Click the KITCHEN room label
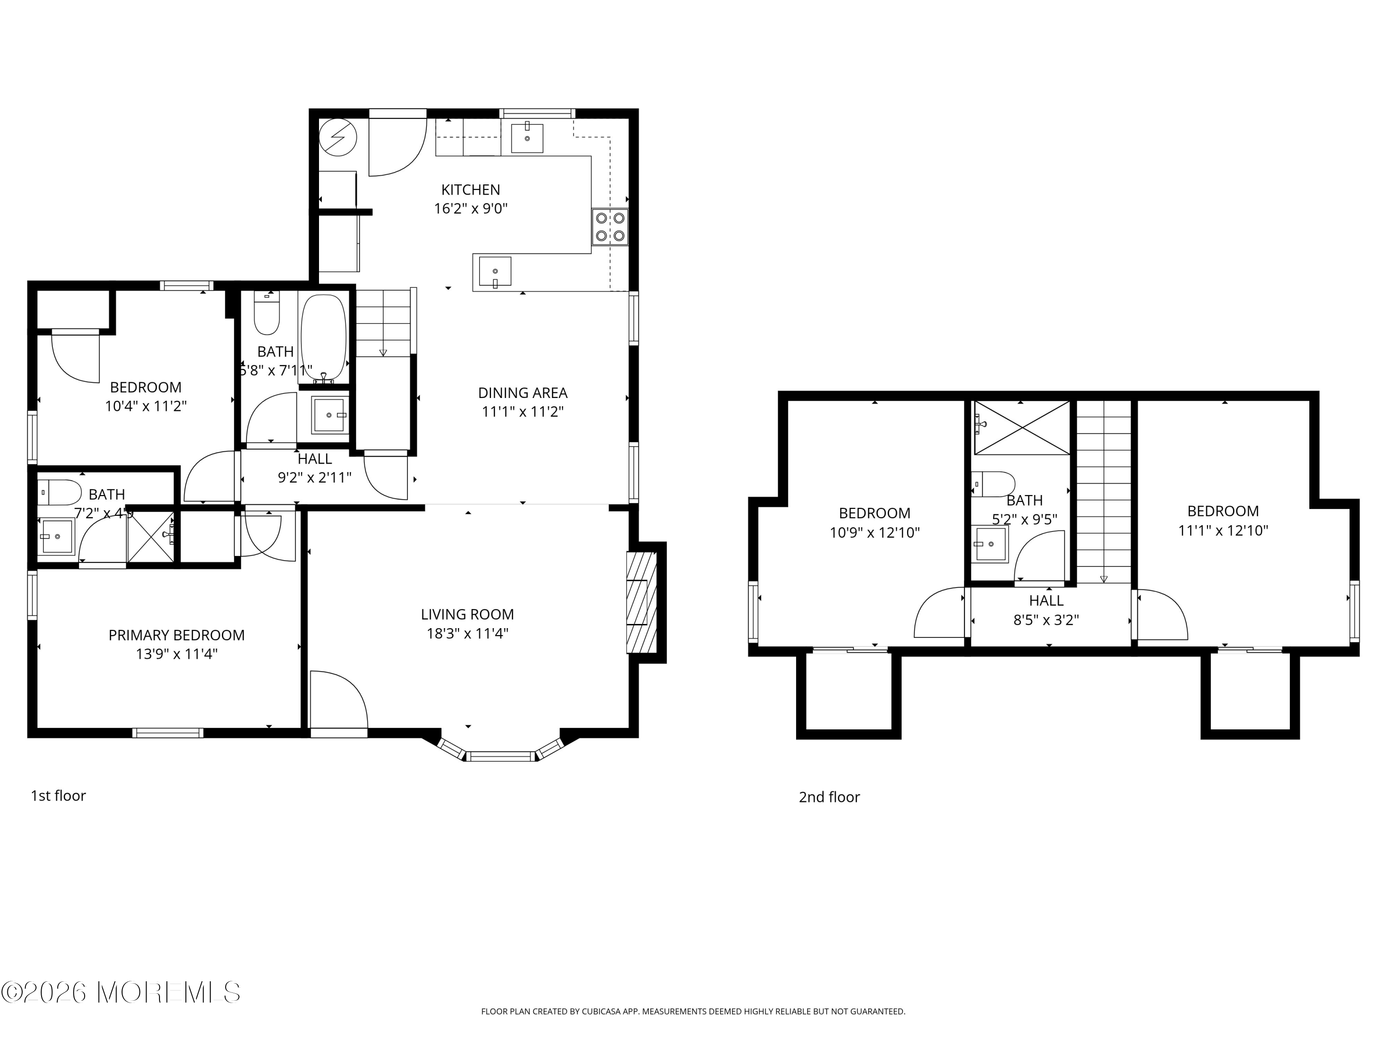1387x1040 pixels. tap(470, 190)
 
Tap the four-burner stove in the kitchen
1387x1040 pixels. tap(609, 227)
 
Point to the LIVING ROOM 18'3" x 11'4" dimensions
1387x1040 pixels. tap(467, 633)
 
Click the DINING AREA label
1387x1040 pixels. tap(522, 393)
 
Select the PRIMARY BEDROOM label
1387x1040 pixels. tap(176, 635)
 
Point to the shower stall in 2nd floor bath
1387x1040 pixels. tap(1021, 428)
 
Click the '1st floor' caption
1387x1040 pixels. tap(58, 795)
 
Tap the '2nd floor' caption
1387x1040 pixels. tap(829, 797)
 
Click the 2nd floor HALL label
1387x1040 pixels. tap(1046, 600)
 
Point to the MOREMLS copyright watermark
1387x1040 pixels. tap(120, 992)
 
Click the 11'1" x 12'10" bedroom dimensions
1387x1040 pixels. tap(1223, 530)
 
